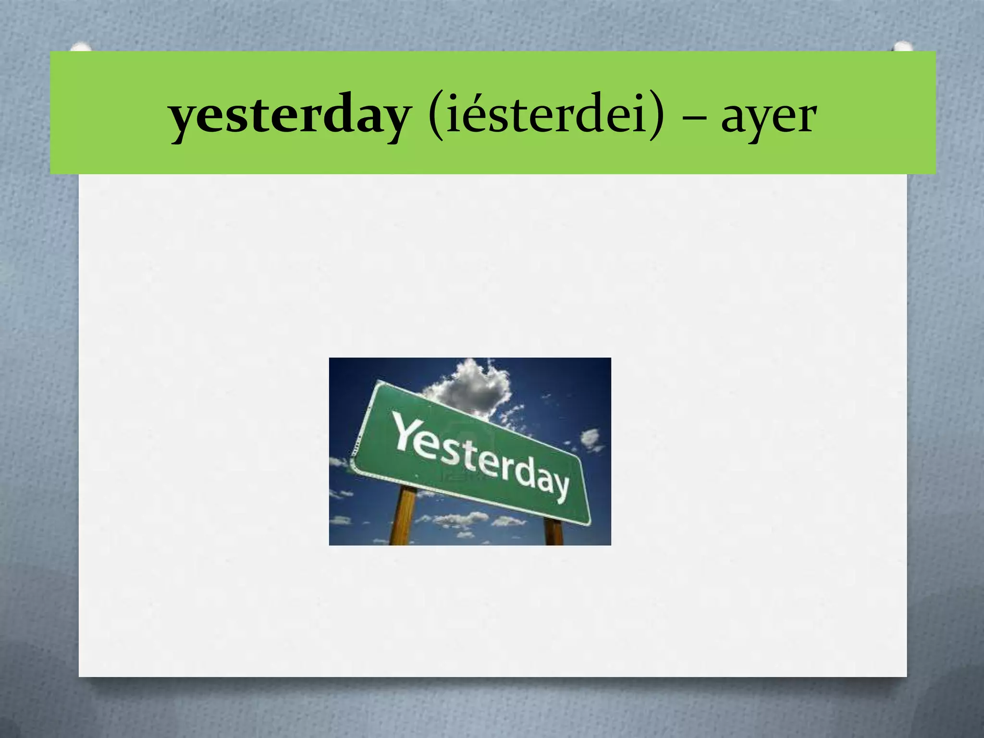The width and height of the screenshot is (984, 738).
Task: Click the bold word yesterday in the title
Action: pos(289,117)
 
